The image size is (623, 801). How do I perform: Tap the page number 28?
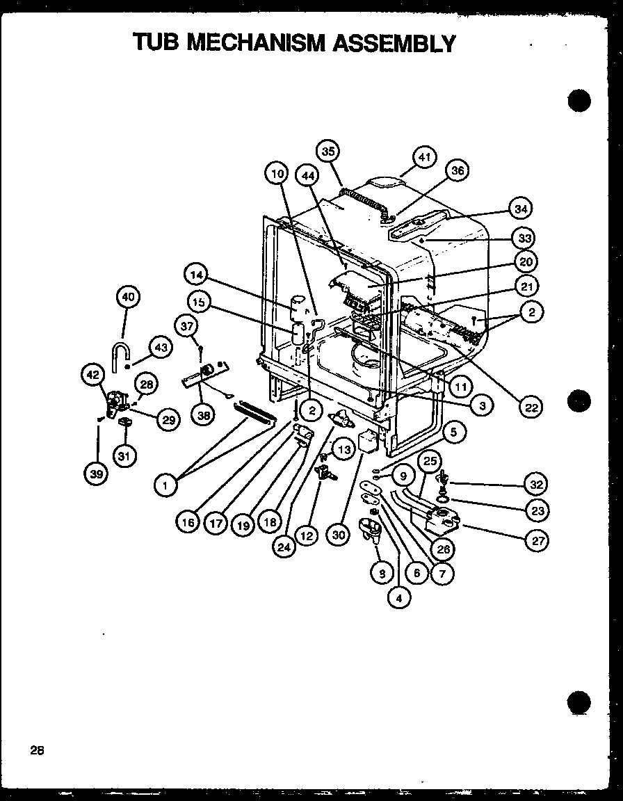(x=37, y=750)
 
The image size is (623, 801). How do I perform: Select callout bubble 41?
(x=425, y=158)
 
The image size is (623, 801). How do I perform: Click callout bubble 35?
(x=329, y=151)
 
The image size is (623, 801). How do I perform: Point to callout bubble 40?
(x=127, y=297)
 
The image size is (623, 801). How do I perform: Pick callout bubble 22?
(x=531, y=408)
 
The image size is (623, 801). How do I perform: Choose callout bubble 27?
(x=536, y=540)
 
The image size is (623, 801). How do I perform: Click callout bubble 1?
(x=165, y=486)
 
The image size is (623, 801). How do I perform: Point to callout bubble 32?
(x=536, y=485)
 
